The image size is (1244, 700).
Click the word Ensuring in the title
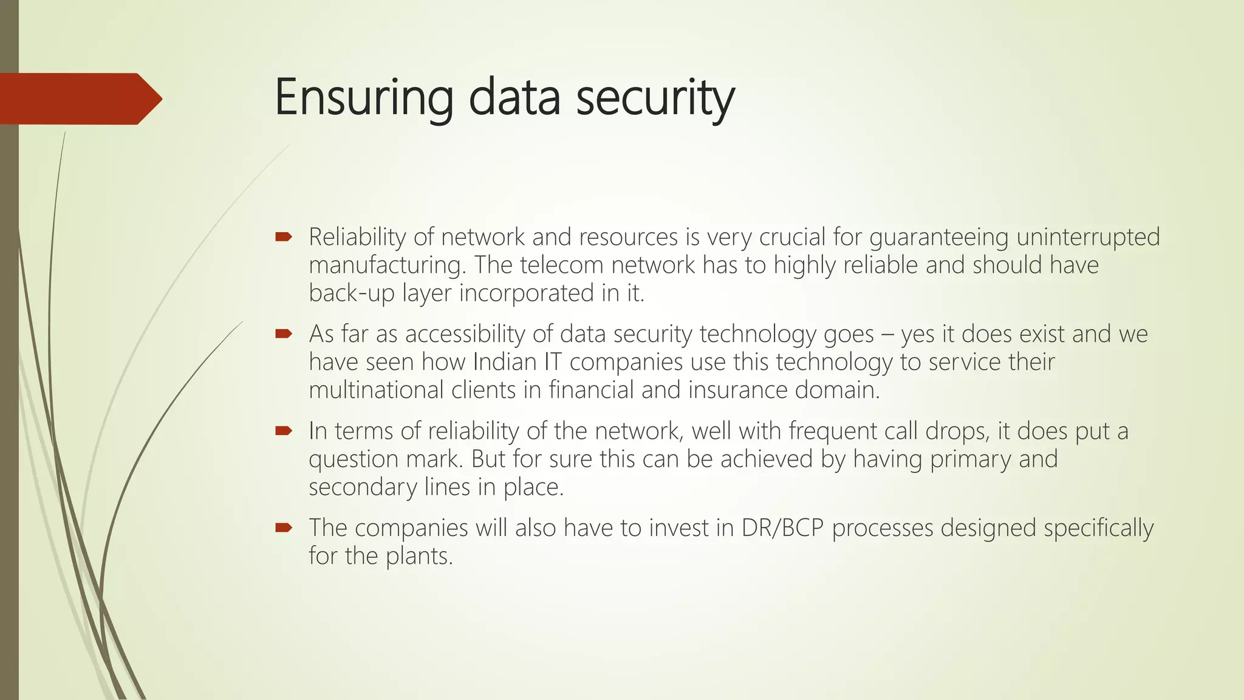[363, 97]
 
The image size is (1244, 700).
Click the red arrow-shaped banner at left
[79, 98]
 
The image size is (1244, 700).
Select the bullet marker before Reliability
[284, 236]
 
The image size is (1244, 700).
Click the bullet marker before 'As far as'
[284, 333]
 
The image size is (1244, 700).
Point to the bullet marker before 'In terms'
[284, 430]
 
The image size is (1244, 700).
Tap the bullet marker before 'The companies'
[284, 527]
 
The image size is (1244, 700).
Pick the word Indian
[504, 362]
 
